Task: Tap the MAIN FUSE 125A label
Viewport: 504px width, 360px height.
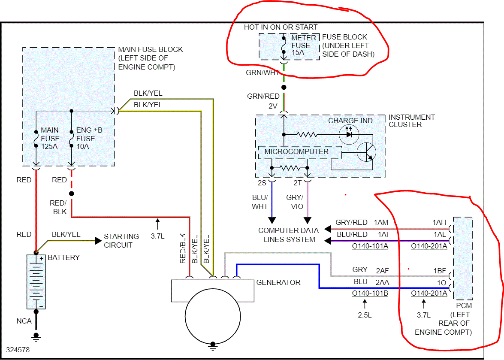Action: [x=50, y=138]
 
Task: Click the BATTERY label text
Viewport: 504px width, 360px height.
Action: [x=64, y=257]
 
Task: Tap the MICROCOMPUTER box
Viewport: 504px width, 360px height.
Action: [x=296, y=152]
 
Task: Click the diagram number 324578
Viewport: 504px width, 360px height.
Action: [x=18, y=350]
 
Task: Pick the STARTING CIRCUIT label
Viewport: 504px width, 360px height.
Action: [x=121, y=241]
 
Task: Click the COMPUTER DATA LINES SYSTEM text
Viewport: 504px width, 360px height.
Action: [x=288, y=235]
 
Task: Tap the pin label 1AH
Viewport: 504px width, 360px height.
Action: [x=439, y=222]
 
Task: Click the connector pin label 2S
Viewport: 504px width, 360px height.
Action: [x=262, y=183]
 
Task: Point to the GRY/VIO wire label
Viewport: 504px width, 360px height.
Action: [x=295, y=202]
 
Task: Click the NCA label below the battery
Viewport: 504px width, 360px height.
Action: [x=24, y=321]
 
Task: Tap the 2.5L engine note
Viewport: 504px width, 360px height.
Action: [x=365, y=315]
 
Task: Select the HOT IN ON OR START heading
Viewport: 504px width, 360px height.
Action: [x=281, y=27]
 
